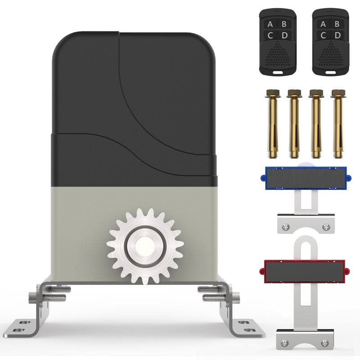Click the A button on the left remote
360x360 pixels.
point(270,24)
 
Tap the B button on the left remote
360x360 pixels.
point(284,24)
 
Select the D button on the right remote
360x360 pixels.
point(337,35)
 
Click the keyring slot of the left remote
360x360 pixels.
point(278,72)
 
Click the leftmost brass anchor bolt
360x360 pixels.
point(272,124)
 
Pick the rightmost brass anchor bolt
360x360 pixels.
point(338,124)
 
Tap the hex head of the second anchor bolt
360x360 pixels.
point(294,93)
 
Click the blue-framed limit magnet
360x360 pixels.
point(306,178)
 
